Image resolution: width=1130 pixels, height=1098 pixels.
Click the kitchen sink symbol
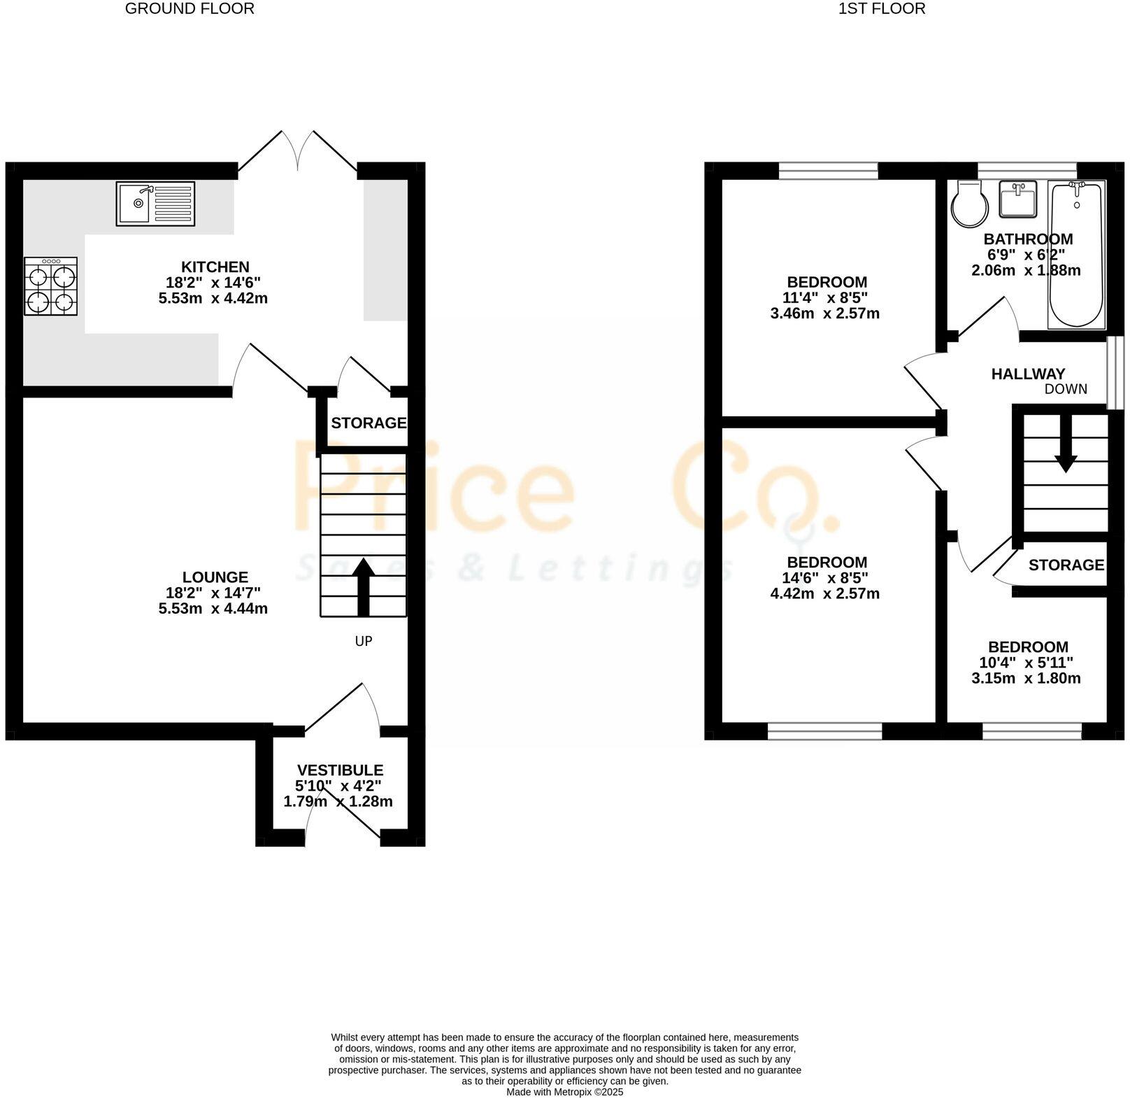(x=155, y=204)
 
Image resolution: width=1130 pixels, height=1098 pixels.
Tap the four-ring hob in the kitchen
(x=50, y=286)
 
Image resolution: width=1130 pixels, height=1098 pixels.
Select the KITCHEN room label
(x=215, y=267)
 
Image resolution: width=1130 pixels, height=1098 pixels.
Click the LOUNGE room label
(x=215, y=577)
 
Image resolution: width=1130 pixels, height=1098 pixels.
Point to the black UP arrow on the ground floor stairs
(x=363, y=586)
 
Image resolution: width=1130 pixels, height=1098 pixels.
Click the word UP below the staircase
(x=364, y=641)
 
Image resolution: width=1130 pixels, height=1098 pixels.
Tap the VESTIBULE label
(x=340, y=770)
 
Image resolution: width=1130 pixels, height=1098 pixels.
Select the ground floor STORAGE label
(x=369, y=423)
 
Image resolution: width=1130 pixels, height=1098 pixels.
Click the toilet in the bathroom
(x=970, y=204)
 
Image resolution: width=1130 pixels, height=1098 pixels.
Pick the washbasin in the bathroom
(x=1017, y=199)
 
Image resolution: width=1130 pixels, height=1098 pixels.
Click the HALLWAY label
(x=1028, y=374)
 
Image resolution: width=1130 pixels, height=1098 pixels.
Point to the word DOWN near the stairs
(x=1066, y=390)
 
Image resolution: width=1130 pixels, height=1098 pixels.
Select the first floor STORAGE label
(x=1066, y=565)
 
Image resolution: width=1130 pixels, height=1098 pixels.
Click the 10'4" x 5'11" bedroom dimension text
(x=1027, y=663)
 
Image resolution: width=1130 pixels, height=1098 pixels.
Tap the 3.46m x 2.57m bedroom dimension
(x=825, y=314)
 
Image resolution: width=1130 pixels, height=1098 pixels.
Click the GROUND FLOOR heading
(x=189, y=9)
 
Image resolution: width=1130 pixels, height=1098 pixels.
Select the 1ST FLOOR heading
(x=882, y=9)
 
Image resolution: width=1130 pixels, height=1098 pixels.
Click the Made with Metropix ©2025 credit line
(x=564, y=1092)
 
